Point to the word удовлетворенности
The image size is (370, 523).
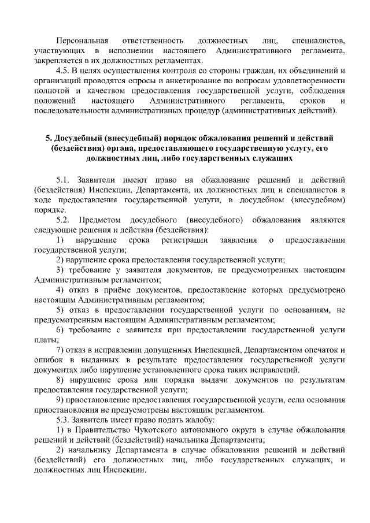(x=310, y=81)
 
